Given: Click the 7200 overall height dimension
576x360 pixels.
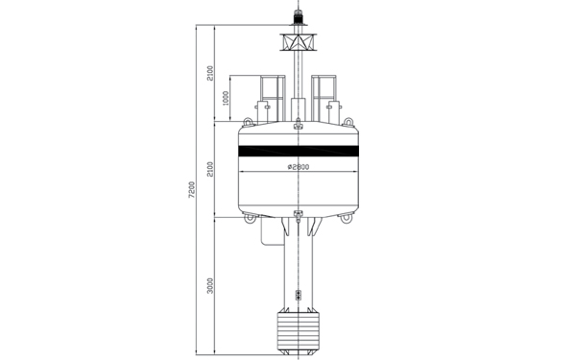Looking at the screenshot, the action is click(x=191, y=189).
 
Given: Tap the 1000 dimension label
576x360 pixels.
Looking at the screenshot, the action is click(x=226, y=98).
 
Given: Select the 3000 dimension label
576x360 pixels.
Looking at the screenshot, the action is click(x=210, y=286).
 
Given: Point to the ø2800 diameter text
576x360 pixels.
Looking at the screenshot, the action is click(x=299, y=167).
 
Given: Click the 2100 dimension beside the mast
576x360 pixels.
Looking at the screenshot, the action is click(x=210, y=74).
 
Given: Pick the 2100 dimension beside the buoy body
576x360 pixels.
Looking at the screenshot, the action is click(x=210, y=169).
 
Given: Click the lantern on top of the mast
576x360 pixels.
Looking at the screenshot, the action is click(x=299, y=17).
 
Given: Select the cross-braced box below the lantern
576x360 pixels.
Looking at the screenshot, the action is click(x=299, y=42).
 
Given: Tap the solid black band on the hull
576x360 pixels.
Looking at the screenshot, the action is click(x=299, y=151).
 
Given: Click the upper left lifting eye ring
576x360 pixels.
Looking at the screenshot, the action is click(x=248, y=122).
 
